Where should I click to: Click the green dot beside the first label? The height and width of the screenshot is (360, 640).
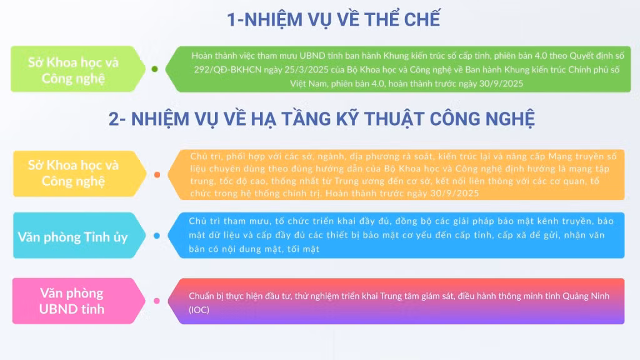coord(155,69)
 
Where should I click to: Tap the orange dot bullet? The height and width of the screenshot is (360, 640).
coord(157,175)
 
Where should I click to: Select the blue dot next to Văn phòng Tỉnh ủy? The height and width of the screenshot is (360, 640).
coord(157,236)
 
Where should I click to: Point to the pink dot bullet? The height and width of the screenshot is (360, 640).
coord(157,301)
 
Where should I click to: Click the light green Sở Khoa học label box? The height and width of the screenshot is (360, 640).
coord(77,69)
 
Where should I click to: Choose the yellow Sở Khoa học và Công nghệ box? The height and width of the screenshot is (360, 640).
coord(79,174)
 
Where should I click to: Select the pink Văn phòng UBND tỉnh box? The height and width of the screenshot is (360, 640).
coord(78,301)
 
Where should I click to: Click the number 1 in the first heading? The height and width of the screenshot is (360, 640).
coord(231,19)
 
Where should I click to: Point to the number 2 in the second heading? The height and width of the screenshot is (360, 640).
coord(114,119)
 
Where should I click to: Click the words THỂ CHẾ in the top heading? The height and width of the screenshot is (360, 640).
coord(402,19)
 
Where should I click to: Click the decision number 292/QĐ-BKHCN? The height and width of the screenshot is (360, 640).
coord(227,70)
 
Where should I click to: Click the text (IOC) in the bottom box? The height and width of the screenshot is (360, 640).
coord(199,310)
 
